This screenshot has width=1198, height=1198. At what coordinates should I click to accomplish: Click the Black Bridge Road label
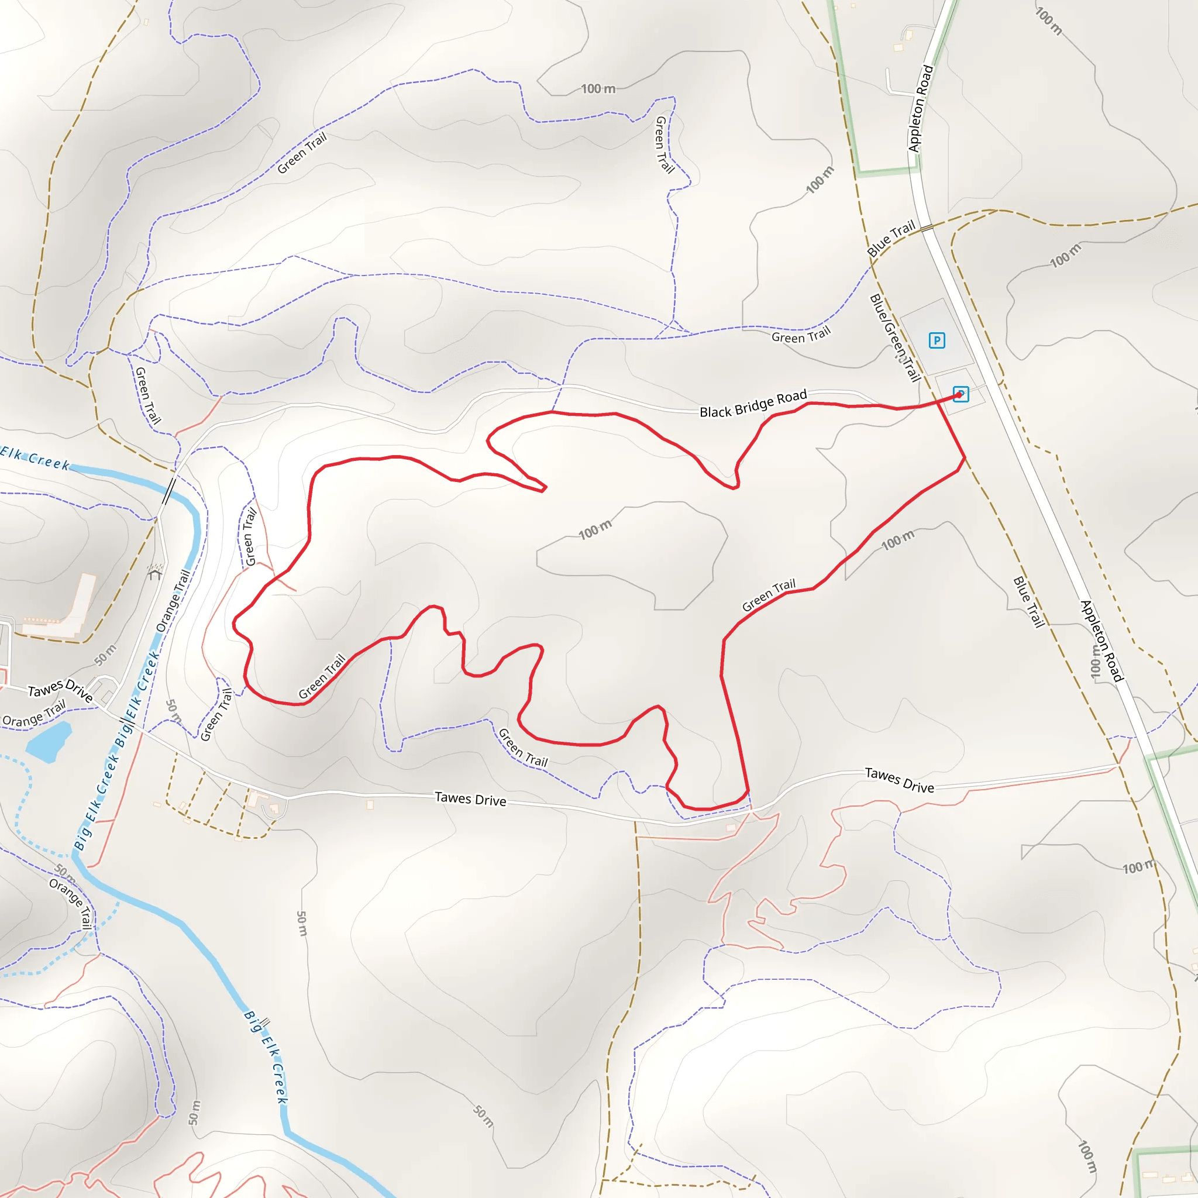pos(753,404)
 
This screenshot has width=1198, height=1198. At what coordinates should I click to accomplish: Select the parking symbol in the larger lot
pos(937,340)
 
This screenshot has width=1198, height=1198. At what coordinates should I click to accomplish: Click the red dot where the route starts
pos(959,394)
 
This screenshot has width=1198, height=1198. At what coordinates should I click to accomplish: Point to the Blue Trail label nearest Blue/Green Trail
pos(890,238)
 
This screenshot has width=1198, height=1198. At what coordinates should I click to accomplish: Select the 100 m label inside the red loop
pos(595,529)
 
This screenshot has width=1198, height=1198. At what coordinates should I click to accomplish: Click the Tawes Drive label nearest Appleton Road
pos(899,780)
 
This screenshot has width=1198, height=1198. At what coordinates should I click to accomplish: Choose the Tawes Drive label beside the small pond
pos(60,690)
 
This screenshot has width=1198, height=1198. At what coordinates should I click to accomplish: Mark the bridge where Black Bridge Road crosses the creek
pos(168,491)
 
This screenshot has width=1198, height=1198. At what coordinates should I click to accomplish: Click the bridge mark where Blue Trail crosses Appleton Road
pos(927,228)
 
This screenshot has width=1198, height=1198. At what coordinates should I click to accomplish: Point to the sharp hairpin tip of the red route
pos(545,488)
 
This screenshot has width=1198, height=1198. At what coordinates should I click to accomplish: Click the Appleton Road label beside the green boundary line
pos(920,109)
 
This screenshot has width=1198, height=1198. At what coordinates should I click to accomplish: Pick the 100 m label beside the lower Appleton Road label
pos(1096,661)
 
